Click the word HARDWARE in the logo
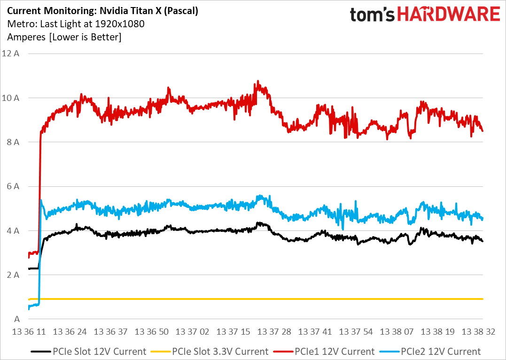(x=449, y=14)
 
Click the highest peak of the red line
(x=257, y=81)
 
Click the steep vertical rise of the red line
(x=40, y=188)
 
